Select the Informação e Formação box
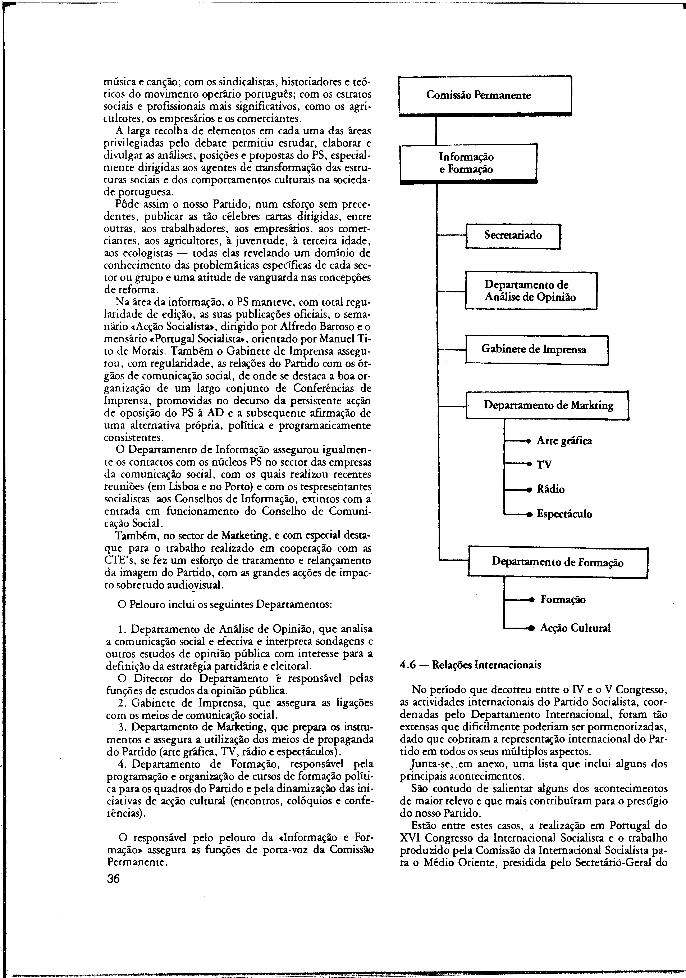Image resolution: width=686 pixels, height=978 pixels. (x=468, y=163)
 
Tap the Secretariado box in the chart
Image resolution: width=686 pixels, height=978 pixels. (x=513, y=235)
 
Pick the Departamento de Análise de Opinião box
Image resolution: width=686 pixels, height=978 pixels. (x=531, y=291)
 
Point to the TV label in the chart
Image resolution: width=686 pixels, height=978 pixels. (x=544, y=465)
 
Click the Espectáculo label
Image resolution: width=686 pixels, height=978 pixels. (x=564, y=514)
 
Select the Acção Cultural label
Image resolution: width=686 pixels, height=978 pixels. (x=575, y=628)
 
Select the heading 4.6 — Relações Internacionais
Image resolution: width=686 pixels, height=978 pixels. (x=470, y=665)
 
